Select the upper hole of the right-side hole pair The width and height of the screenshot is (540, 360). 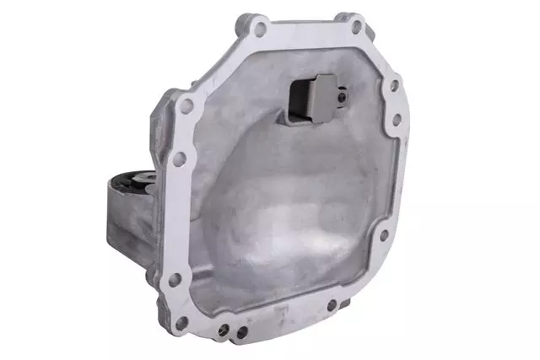point(392,84)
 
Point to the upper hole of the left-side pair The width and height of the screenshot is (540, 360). point(187,106)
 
